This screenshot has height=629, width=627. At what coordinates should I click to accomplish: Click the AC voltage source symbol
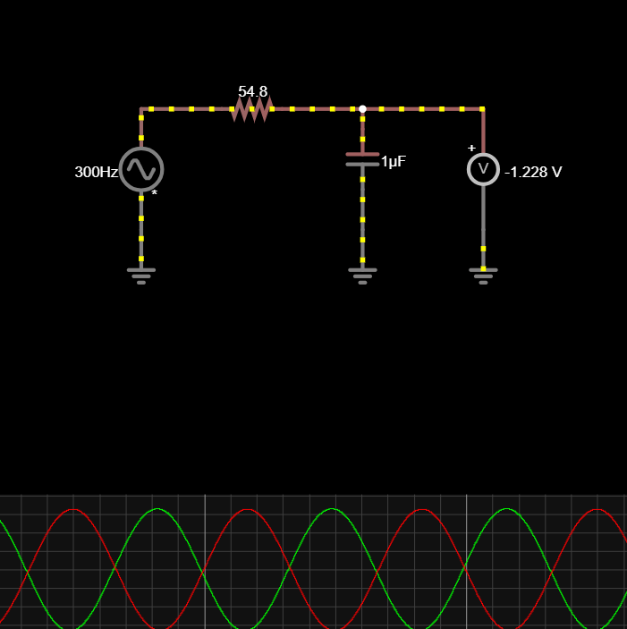141,169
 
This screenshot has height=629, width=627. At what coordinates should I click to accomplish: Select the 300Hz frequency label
96,172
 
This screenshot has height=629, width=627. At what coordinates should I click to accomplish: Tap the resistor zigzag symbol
251,109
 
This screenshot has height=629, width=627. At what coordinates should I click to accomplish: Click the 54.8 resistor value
252,91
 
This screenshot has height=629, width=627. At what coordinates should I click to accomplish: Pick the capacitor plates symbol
362,159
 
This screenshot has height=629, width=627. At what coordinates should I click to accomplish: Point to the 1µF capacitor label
394,162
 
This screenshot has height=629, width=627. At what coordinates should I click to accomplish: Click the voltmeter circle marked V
483,169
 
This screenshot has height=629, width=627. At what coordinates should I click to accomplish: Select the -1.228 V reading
533,172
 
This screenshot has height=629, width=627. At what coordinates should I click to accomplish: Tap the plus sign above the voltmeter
471,149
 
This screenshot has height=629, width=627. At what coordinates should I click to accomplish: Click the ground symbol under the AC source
141,273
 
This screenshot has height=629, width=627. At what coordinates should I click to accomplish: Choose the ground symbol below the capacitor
362,273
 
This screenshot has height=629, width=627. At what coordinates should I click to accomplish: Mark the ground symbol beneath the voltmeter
483,273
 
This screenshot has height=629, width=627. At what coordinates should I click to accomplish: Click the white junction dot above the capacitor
362,109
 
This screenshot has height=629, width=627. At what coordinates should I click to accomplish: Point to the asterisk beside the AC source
155,193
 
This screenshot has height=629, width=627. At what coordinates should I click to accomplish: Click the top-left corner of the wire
141,109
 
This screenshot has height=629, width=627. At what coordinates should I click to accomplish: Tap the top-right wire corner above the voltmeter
483,109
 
